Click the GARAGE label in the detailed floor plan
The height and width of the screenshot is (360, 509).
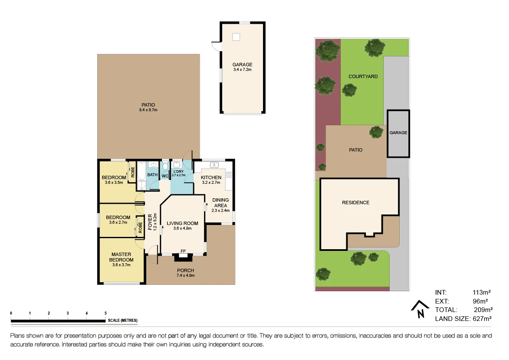coord(242,65)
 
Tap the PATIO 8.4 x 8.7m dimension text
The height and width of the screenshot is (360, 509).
coord(148,110)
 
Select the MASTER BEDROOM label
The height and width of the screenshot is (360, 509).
coord(121,257)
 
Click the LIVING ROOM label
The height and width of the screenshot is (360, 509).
coord(182,223)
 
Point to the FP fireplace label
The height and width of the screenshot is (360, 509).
coord(183,251)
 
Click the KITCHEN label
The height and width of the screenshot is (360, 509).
coord(211,177)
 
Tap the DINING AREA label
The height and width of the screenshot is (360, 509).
coord(221,202)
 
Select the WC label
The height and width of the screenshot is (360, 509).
coord(165,175)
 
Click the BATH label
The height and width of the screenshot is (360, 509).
coord(152,175)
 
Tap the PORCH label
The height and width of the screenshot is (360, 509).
coord(185,270)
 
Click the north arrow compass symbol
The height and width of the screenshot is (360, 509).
coord(420,309)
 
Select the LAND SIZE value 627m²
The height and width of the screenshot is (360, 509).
coord(482,318)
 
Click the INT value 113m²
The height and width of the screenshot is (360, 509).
coord(482,292)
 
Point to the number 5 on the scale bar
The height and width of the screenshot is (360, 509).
coord(105,313)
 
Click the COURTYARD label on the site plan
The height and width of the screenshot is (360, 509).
coord(363,77)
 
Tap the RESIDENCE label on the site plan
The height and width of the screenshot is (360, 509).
coord(356,202)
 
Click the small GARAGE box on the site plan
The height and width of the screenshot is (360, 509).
coord(398,133)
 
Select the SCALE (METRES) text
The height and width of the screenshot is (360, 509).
coord(123,321)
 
